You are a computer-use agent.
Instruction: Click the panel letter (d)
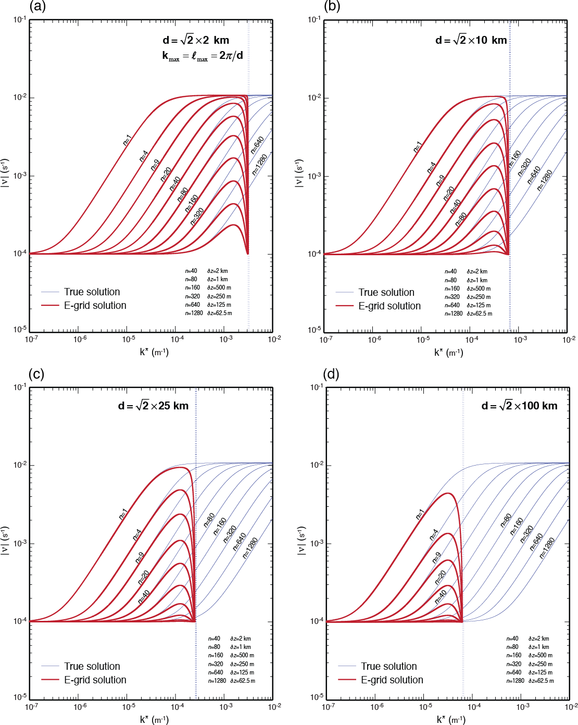click(331, 374)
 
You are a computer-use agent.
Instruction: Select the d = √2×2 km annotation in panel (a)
click(196, 40)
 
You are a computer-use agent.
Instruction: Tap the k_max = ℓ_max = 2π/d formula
click(203, 56)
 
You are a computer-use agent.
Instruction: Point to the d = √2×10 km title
click(471, 40)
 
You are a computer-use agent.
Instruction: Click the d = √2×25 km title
click(153, 406)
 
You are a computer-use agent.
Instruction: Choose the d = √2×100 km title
click(519, 406)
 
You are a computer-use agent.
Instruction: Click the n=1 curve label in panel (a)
click(127, 140)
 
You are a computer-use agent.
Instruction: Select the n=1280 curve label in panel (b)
click(545, 180)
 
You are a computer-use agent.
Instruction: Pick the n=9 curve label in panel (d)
click(436, 557)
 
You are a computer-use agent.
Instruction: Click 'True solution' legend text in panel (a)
click(92, 292)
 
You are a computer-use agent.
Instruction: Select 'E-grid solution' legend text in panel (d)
click(392, 680)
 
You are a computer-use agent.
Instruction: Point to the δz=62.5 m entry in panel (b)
click(479, 314)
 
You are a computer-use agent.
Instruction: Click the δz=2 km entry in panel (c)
click(241, 639)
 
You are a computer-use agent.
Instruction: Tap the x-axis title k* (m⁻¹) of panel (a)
click(154, 352)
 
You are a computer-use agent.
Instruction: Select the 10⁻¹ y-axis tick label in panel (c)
click(20, 387)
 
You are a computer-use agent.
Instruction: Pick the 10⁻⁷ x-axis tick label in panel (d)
click(328, 707)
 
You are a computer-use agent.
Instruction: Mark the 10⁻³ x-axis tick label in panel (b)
click(520, 340)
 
